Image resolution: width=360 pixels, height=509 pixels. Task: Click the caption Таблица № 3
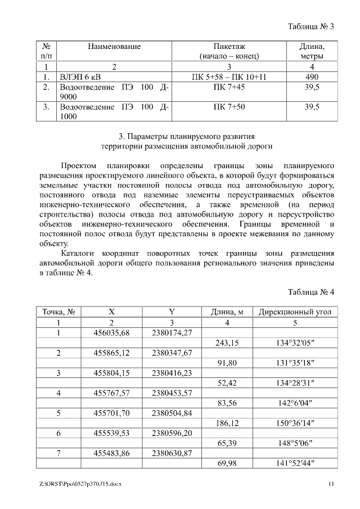pyautogui.click(x=311, y=26)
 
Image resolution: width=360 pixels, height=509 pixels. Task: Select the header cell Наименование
pyautogui.click(x=114, y=47)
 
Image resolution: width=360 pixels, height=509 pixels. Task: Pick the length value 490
pyautogui.click(x=312, y=76)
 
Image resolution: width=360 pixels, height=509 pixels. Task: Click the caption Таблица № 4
pyautogui.click(x=311, y=292)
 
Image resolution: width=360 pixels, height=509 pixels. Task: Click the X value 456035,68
pyautogui.click(x=111, y=332)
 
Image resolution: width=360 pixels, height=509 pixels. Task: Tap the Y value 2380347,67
pyautogui.click(x=172, y=353)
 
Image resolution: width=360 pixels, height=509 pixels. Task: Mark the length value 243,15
pyautogui.click(x=227, y=343)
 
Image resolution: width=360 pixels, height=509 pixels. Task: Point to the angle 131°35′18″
pyautogui.click(x=295, y=363)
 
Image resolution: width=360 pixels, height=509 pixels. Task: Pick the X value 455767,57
pyautogui.click(x=111, y=393)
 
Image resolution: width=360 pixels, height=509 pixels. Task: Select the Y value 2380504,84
pyautogui.click(x=172, y=413)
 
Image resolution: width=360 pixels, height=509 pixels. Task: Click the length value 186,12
pyautogui.click(x=227, y=423)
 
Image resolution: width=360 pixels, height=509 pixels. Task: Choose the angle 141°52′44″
pyautogui.click(x=295, y=463)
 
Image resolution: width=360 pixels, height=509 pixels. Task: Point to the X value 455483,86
pyautogui.click(x=111, y=453)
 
